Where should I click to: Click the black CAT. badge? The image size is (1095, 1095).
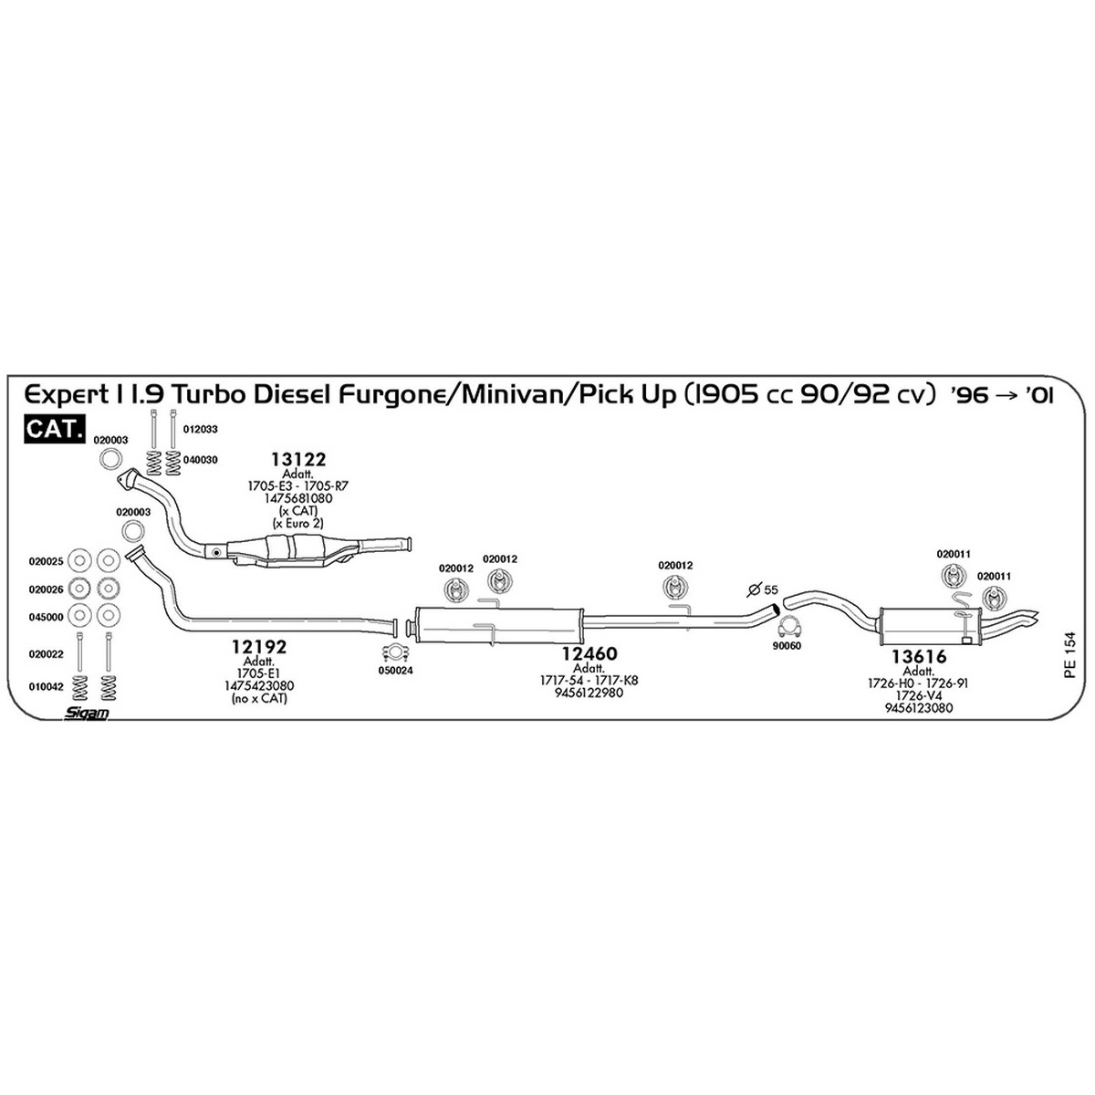[x=55, y=430]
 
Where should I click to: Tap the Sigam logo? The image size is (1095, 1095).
[x=86, y=712]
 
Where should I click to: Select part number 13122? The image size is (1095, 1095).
[x=298, y=459]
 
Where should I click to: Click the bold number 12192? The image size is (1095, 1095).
[x=259, y=647]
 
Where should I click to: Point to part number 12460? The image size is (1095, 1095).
[x=589, y=653]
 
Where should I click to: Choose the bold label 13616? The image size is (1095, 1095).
[x=919, y=656]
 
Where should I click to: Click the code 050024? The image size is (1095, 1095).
[x=395, y=671]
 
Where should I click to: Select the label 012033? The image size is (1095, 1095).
[x=200, y=430]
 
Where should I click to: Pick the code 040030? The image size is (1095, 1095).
[x=200, y=460]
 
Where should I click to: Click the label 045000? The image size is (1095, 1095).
[x=46, y=617]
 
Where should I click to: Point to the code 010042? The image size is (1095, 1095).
[x=46, y=687]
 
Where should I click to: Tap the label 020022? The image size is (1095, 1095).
[x=46, y=654]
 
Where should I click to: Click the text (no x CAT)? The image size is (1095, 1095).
[x=260, y=698]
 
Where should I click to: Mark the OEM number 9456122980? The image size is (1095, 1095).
[x=589, y=693]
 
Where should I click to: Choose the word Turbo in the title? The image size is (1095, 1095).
[x=208, y=394]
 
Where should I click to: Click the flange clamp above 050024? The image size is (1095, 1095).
[x=395, y=652]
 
